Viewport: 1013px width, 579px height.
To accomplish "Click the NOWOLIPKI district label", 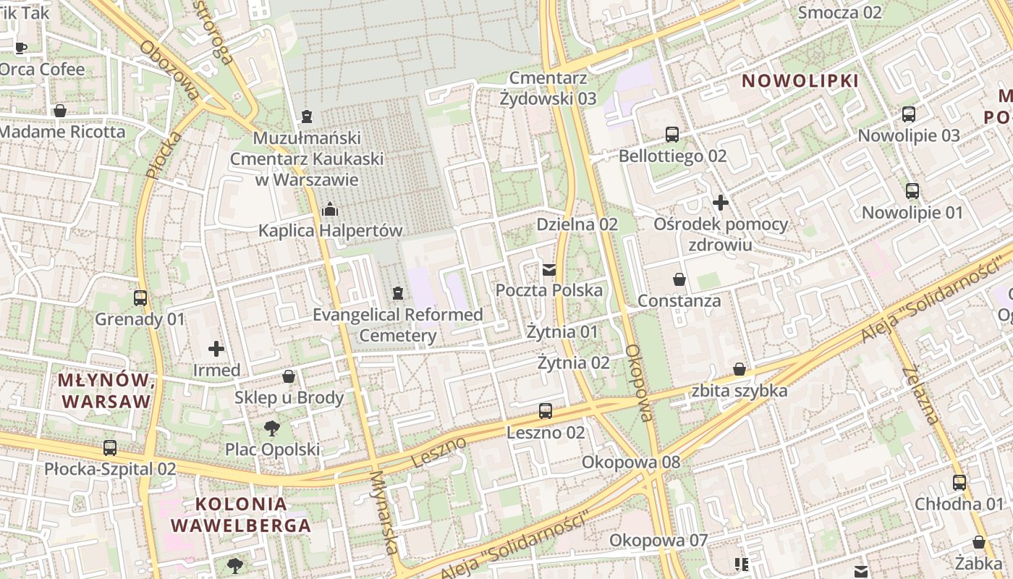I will (801, 81).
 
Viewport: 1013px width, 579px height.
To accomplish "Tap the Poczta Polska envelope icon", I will (549, 270).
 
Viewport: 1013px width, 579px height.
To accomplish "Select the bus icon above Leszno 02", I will (546, 411).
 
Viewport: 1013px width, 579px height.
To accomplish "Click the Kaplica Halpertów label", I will (331, 231).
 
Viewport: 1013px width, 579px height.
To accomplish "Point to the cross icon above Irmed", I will (216, 349).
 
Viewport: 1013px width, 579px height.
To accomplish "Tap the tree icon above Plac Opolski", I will (272, 428).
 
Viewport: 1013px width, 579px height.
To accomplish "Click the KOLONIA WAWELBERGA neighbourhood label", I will (241, 515).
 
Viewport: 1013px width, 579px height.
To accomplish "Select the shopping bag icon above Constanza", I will (679, 279).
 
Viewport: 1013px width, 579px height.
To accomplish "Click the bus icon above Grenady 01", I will (140, 298).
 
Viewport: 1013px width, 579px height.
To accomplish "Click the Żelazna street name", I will (920, 395).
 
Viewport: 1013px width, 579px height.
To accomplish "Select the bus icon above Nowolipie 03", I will (908, 114).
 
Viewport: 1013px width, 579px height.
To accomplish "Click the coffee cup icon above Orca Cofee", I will (21, 48).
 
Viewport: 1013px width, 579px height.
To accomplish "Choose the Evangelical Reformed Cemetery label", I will (397, 325).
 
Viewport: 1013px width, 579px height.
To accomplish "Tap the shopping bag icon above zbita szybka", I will (739, 370).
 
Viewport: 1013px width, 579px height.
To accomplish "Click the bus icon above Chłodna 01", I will (959, 483).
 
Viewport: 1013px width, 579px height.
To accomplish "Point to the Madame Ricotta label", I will (62, 132).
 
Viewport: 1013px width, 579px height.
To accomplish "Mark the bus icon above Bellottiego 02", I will (672, 135).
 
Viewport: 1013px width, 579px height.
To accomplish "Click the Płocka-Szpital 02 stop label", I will (110, 469).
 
